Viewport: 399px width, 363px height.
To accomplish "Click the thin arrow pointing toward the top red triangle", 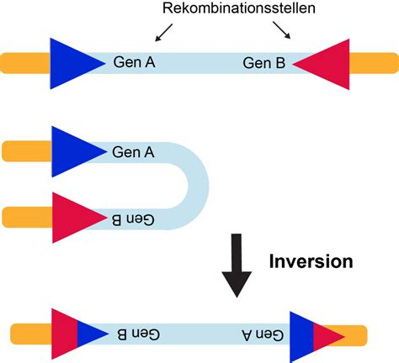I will (286, 32).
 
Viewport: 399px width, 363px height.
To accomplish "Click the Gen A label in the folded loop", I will (133, 152).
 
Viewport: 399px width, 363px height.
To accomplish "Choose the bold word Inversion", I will (311, 260).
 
